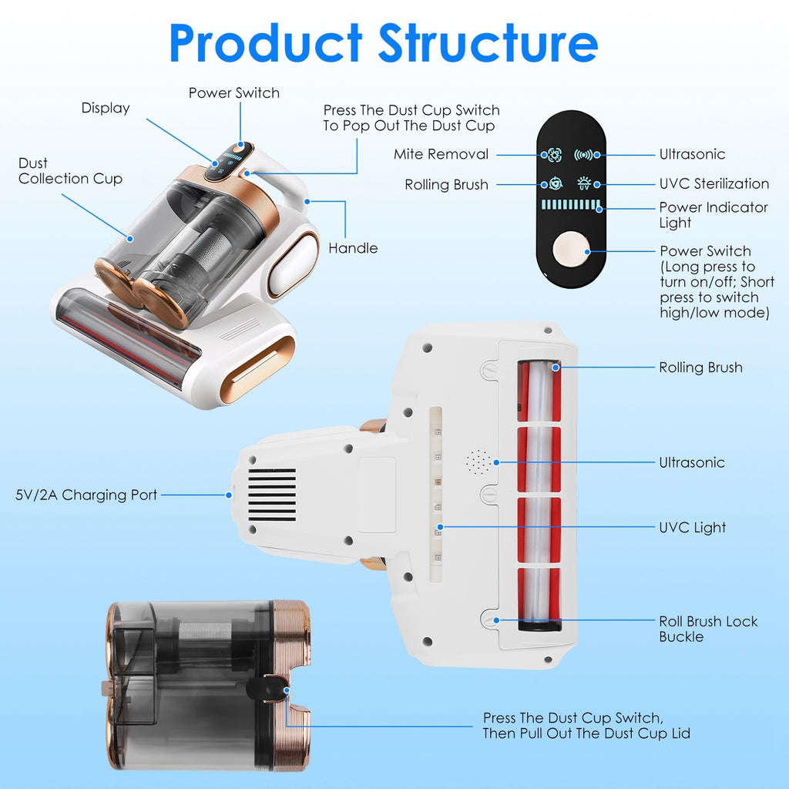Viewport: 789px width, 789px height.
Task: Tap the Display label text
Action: tap(106, 109)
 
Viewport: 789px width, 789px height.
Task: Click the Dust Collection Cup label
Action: tap(70, 171)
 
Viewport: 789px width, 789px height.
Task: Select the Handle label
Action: tap(353, 248)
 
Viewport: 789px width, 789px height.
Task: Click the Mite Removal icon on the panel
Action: tap(554, 155)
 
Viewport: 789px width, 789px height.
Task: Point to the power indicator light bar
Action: tap(571, 206)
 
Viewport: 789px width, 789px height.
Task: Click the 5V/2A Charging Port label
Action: tap(86, 495)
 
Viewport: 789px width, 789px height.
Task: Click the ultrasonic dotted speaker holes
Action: tap(478, 462)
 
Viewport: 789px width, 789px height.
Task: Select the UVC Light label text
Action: tap(692, 528)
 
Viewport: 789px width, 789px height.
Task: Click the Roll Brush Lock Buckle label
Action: tap(707, 629)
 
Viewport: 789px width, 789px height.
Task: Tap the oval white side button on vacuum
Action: tap(297, 265)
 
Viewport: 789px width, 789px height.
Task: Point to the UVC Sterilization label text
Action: tap(713, 184)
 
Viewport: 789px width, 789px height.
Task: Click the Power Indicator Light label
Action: tap(713, 215)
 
